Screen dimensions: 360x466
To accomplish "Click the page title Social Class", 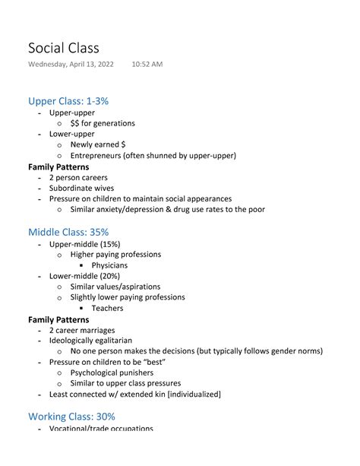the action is click(x=64, y=48).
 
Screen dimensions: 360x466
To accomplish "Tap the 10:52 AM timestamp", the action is click(x=147, y=65).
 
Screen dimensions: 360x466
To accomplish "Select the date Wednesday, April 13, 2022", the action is click(x=71, y=65).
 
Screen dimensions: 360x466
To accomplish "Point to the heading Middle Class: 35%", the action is click(x=68, y=232).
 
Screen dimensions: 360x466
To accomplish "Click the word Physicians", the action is click(x=109, y=265).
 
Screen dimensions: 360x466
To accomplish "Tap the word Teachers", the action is click(x=107, y=308).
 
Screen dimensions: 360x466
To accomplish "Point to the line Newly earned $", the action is click(x=98, y=144).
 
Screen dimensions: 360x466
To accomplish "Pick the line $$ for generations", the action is click(x=103, y=123).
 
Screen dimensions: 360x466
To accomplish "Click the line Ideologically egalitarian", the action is click(x=90, y=341).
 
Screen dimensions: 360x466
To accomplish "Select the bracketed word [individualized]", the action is click(x=186, y=395).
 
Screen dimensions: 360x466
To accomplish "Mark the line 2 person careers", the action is click(x=78, y=177).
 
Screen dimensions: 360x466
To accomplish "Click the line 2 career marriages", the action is click(x=82, y=330).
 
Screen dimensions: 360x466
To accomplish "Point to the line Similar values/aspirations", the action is click(x=115, y=287).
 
